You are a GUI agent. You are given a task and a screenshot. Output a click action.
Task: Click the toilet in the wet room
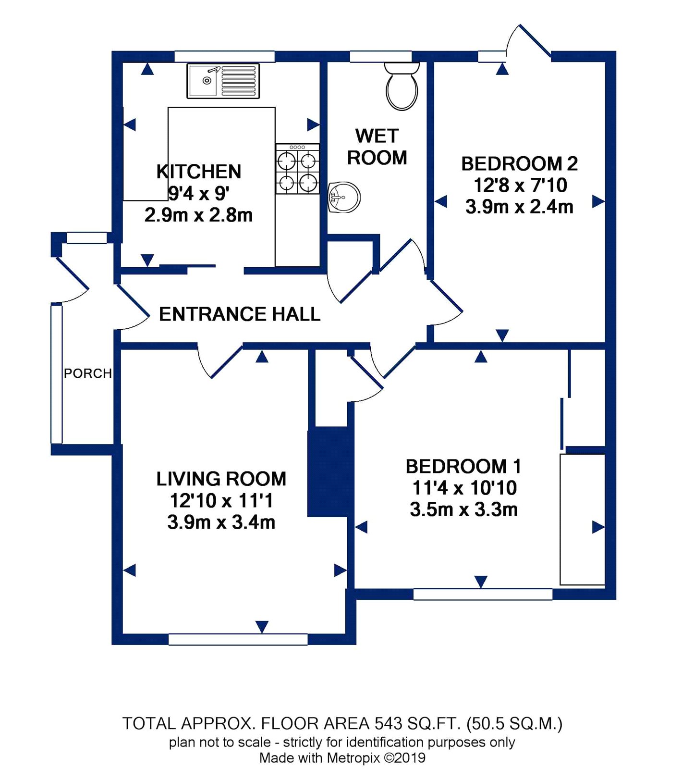pos(402,86)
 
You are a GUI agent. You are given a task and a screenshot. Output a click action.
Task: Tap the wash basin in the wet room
pos(344,197)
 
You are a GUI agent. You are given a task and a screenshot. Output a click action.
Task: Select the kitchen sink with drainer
pos(223,81)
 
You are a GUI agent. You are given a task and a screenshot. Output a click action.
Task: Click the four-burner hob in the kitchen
pos(297,169)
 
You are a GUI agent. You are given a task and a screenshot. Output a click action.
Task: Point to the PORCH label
pos(88,373)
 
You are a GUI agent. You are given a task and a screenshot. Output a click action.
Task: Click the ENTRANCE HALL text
pos(240,314)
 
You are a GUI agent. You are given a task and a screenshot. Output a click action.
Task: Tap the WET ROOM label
pos(377,147)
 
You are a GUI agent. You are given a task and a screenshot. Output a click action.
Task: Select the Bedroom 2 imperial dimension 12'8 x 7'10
pos(520,185)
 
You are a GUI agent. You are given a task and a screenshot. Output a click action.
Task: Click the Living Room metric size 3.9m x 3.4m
pos(221,522)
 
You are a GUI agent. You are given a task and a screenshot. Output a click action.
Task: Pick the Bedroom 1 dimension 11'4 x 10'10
pos(464,488)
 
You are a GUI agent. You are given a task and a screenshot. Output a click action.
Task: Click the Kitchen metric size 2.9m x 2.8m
pos(199,215)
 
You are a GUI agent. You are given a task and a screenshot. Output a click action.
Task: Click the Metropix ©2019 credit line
pos(342,758)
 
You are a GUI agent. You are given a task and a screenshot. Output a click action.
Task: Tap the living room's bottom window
pos(238,639)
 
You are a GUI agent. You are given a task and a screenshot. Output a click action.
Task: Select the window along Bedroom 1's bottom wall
pos(483,594)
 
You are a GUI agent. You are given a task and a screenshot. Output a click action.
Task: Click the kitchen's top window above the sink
pos(224,56)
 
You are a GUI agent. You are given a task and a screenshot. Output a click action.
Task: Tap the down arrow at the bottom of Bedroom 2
pos(502,335)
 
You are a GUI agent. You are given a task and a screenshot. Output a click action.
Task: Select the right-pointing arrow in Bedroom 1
pos(598,527)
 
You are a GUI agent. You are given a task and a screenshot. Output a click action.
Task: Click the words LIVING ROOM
pos(221,479)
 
